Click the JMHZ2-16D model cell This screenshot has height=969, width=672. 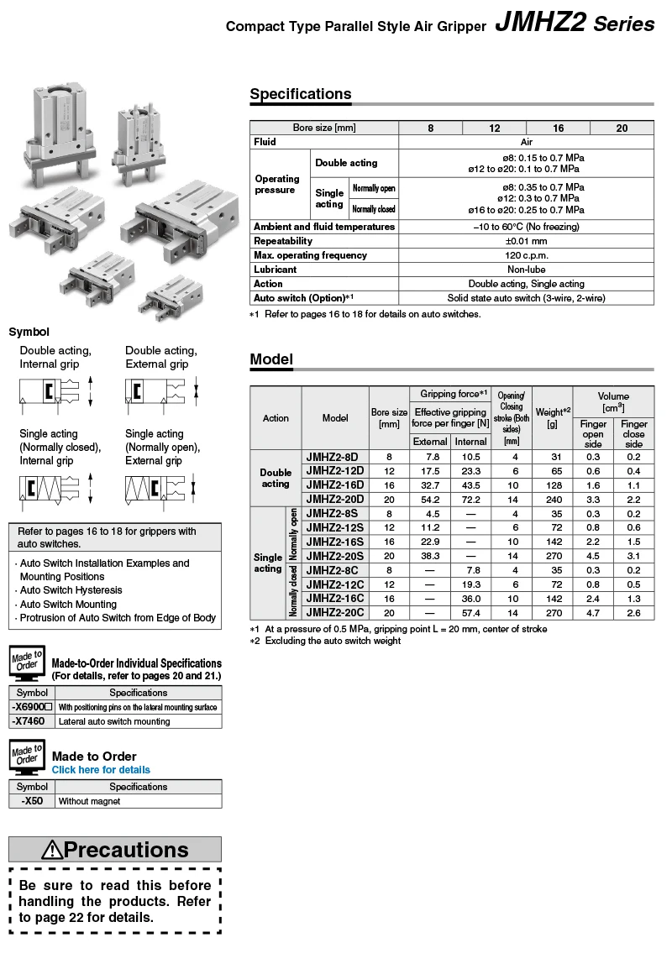(335, 485)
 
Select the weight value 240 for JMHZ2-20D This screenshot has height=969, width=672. (552, 500)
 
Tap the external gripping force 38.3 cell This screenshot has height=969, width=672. (430, 556)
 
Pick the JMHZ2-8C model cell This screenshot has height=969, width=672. (334, 570)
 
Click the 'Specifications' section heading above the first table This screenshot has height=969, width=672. (300, 94)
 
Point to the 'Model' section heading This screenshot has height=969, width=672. (271, 359)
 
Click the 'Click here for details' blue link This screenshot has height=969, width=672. (101, 770)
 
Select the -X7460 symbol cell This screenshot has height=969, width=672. (32, 721)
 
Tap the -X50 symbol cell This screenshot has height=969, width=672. (32, 801)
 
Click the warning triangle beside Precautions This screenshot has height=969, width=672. (52, 850)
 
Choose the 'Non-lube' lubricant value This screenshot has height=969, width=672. (526, 270)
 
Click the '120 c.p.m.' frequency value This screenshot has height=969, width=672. (526, 255)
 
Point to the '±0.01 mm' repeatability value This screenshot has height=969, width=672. (526, 241)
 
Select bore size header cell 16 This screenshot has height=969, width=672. (558, 128)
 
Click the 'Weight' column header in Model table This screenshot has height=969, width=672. (552, 417)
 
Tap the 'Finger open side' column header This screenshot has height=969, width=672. (593, 434)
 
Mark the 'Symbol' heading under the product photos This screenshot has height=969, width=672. (29, 332)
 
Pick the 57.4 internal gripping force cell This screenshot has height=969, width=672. (470, 613)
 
